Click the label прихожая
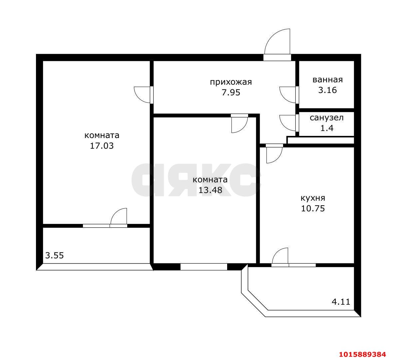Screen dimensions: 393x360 tap(231, 82)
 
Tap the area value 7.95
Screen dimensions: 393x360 tap(231, 93)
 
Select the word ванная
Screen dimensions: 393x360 tap(327, 80)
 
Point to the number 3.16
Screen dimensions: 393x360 tap(327, 90)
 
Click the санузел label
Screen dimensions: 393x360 tap(327, 118)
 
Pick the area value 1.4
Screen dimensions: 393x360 tap(327, 128)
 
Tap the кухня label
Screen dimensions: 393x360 tap(313, 198)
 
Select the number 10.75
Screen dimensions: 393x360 tap(313, 208)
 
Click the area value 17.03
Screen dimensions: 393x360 tap(102, 146)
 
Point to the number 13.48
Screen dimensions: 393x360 tap(210, 190)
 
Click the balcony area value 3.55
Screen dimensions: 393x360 tap(54, 255)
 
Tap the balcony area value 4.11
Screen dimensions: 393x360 tap(341, 301)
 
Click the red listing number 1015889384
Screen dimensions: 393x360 tap(362, 354)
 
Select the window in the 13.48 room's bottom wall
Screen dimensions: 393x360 tap(204, 267)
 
